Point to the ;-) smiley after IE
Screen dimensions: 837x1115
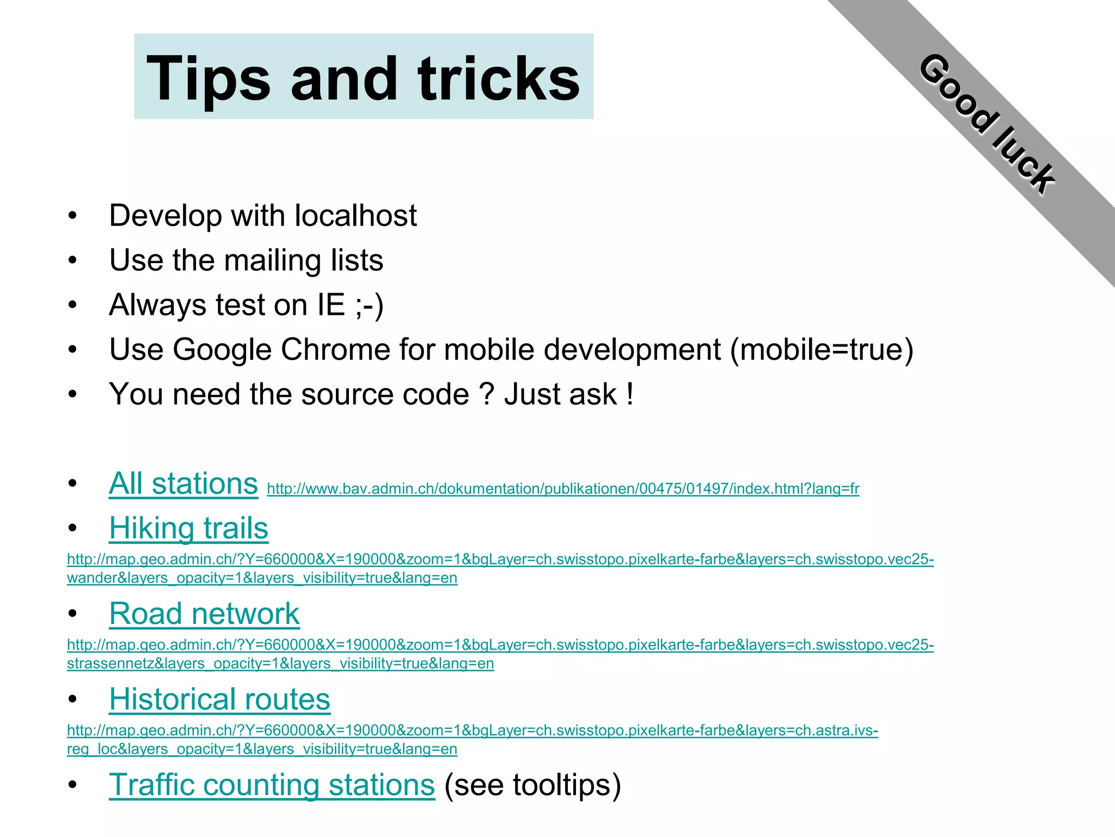click(x=369, y=305)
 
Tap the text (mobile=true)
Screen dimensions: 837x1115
click(x=821, y=349)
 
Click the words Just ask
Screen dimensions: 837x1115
click(x=561, y=394)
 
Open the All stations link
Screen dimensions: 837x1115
click(x=183, y=483)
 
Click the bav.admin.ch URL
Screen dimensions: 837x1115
click(x=563, y=488)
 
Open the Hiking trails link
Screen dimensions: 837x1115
click(x=188, y=528)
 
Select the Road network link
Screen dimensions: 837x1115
click(x=204, y=614)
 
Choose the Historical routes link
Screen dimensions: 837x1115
click(x=219, y=699)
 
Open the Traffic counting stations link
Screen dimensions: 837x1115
click(x=272, y=785)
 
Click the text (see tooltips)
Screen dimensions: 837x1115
click(x=532, y=785)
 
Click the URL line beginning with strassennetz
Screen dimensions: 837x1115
click(x=280, y=664)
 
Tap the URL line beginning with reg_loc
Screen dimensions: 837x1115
click(x=262, y=749)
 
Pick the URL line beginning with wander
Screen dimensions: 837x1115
click(x=262, y=578)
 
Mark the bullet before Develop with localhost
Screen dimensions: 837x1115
click(x=73, y=216)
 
